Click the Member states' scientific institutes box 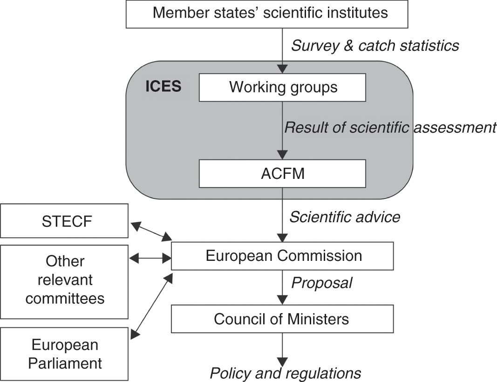(267, 14)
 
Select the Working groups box (283, 87)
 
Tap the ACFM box (283, 173)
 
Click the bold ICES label (163, 87)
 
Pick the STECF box (64, 221)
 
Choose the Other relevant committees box (64, 280)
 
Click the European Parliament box (64, 354)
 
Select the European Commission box (283, 256)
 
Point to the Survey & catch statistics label (375, 46)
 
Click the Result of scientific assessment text (390, 127)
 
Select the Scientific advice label (345, 217)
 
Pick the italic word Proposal (322, 283)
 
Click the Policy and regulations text (286, 373)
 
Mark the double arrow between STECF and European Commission (151, 232)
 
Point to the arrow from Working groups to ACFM (282, 130)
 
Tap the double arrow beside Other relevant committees (150, 256)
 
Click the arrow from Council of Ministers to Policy (282, 349)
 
